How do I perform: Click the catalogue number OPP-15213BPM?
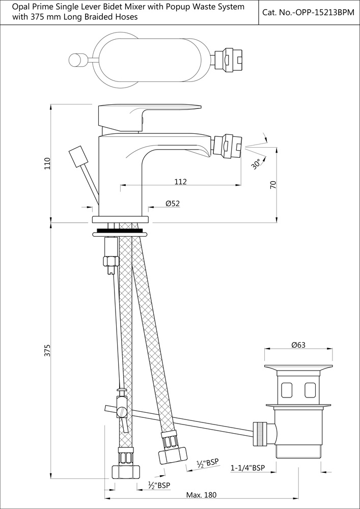coord(308,12)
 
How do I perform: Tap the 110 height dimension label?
coord(47,163)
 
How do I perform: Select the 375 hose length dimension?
coord(47,351)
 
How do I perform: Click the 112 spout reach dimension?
coord(180,182)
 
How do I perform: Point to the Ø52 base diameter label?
coord(172,204)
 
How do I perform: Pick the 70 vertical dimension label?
coord(273,185)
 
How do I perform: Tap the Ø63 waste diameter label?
coord(298,345)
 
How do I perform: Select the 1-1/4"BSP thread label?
coord(248,468)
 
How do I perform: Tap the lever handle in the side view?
coord(148,115)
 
